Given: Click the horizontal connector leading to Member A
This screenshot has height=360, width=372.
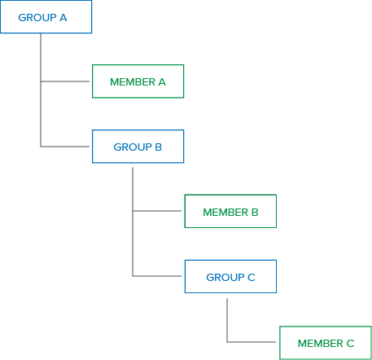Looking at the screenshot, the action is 65,81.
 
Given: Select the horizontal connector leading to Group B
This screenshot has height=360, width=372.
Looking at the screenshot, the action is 65,147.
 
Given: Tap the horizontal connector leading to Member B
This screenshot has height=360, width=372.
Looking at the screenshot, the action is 157,211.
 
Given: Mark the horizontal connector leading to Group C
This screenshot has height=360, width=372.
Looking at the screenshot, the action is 157,276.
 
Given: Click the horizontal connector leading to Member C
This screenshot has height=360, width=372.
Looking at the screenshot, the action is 252,342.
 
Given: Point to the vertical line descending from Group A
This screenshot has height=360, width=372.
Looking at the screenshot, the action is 41,90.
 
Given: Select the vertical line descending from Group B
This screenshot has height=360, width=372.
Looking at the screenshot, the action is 133,222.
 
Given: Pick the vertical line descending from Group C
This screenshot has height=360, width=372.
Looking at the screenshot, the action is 227,320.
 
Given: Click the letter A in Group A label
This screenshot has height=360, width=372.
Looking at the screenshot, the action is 63,18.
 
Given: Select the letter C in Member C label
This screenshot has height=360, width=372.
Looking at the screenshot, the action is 350,344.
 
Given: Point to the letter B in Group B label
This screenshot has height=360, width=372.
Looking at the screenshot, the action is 159,147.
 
